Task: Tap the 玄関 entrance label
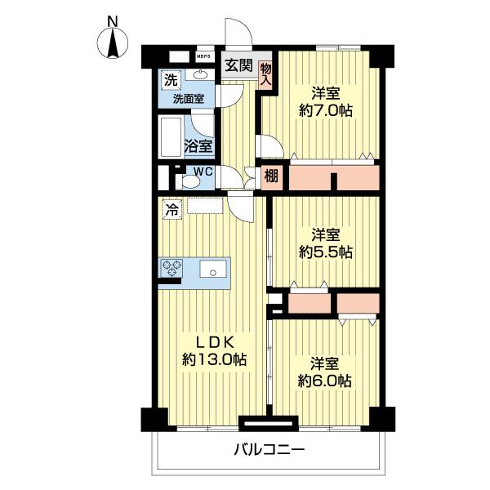(238, 66)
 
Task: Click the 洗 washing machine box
(170, 80)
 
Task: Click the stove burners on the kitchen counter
(173, 267)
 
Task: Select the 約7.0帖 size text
(326, 110)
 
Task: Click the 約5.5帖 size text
(326, 252)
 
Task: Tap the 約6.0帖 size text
(326, 380)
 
